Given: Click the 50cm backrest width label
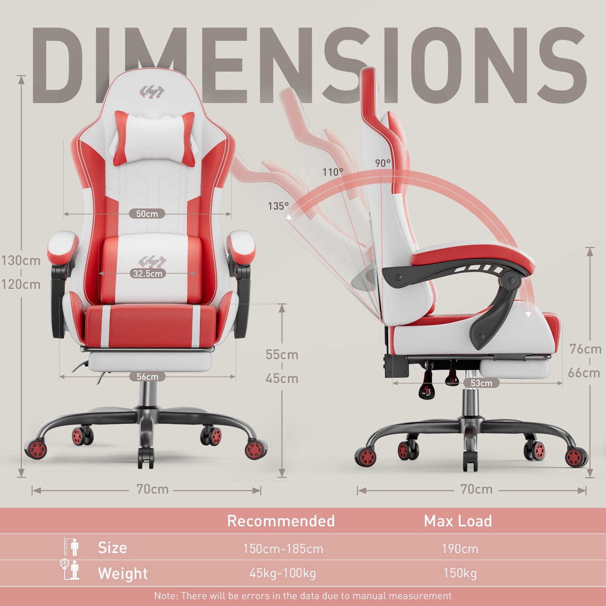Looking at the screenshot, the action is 147,214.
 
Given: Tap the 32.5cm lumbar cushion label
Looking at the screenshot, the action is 148,274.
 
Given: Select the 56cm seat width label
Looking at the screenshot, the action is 147,377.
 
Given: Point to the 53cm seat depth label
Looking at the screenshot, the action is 482,383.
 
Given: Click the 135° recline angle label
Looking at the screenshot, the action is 278,206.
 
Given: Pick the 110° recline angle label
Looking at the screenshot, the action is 333,172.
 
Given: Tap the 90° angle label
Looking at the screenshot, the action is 383,163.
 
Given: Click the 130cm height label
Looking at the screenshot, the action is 21,261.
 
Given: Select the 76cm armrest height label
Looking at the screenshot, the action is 585,349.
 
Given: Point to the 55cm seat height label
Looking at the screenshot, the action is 282,355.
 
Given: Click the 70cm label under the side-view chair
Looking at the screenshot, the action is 477,490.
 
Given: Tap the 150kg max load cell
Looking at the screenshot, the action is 460,573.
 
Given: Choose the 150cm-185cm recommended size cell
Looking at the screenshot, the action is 283,549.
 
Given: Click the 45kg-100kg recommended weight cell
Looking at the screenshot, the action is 282,573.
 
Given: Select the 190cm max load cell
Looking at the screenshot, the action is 460,549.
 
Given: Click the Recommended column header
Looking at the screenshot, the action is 281,521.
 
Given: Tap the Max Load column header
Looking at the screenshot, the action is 458,521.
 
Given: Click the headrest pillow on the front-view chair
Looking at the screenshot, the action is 154,137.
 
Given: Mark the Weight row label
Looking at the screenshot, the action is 123,574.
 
